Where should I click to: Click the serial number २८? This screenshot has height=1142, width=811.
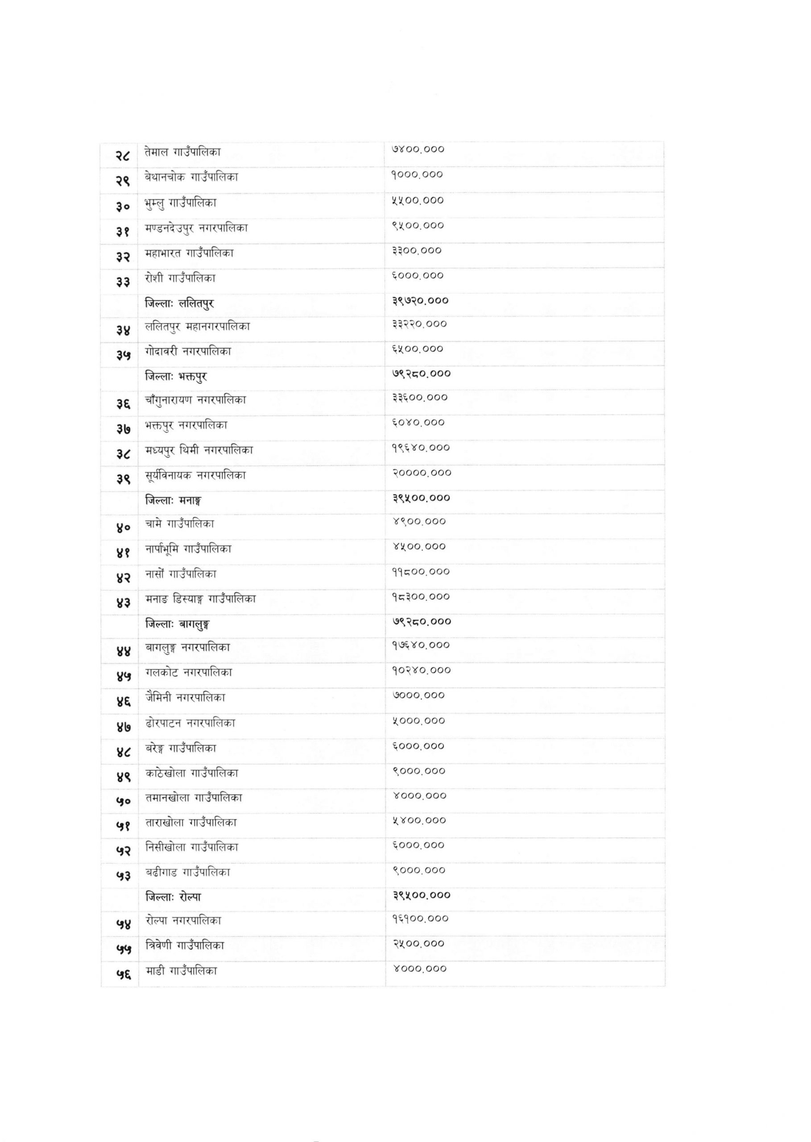123,155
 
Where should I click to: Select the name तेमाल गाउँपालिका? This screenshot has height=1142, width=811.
183,152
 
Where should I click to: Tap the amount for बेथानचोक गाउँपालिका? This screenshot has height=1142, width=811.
418,175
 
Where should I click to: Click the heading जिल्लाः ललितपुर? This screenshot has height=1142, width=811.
180,303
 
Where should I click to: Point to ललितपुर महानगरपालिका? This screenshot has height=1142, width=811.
198,327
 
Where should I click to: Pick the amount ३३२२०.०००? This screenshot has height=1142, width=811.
419,324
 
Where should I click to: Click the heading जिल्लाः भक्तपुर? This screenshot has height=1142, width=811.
176,376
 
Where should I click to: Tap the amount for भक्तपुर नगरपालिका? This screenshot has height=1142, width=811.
418,423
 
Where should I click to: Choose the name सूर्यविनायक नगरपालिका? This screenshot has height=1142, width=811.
196,475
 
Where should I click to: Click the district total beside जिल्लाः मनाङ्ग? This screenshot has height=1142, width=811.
421,498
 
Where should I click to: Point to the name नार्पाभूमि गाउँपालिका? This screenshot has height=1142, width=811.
189,549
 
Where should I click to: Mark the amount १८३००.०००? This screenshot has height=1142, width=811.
421,597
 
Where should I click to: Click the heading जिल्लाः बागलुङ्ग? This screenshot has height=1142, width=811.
177,624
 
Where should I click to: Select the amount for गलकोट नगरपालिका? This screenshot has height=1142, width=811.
421,670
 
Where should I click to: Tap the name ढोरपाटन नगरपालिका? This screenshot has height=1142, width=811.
190,723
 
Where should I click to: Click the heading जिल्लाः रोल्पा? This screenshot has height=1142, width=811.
173,897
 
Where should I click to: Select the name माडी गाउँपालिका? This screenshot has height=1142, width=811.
181,971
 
